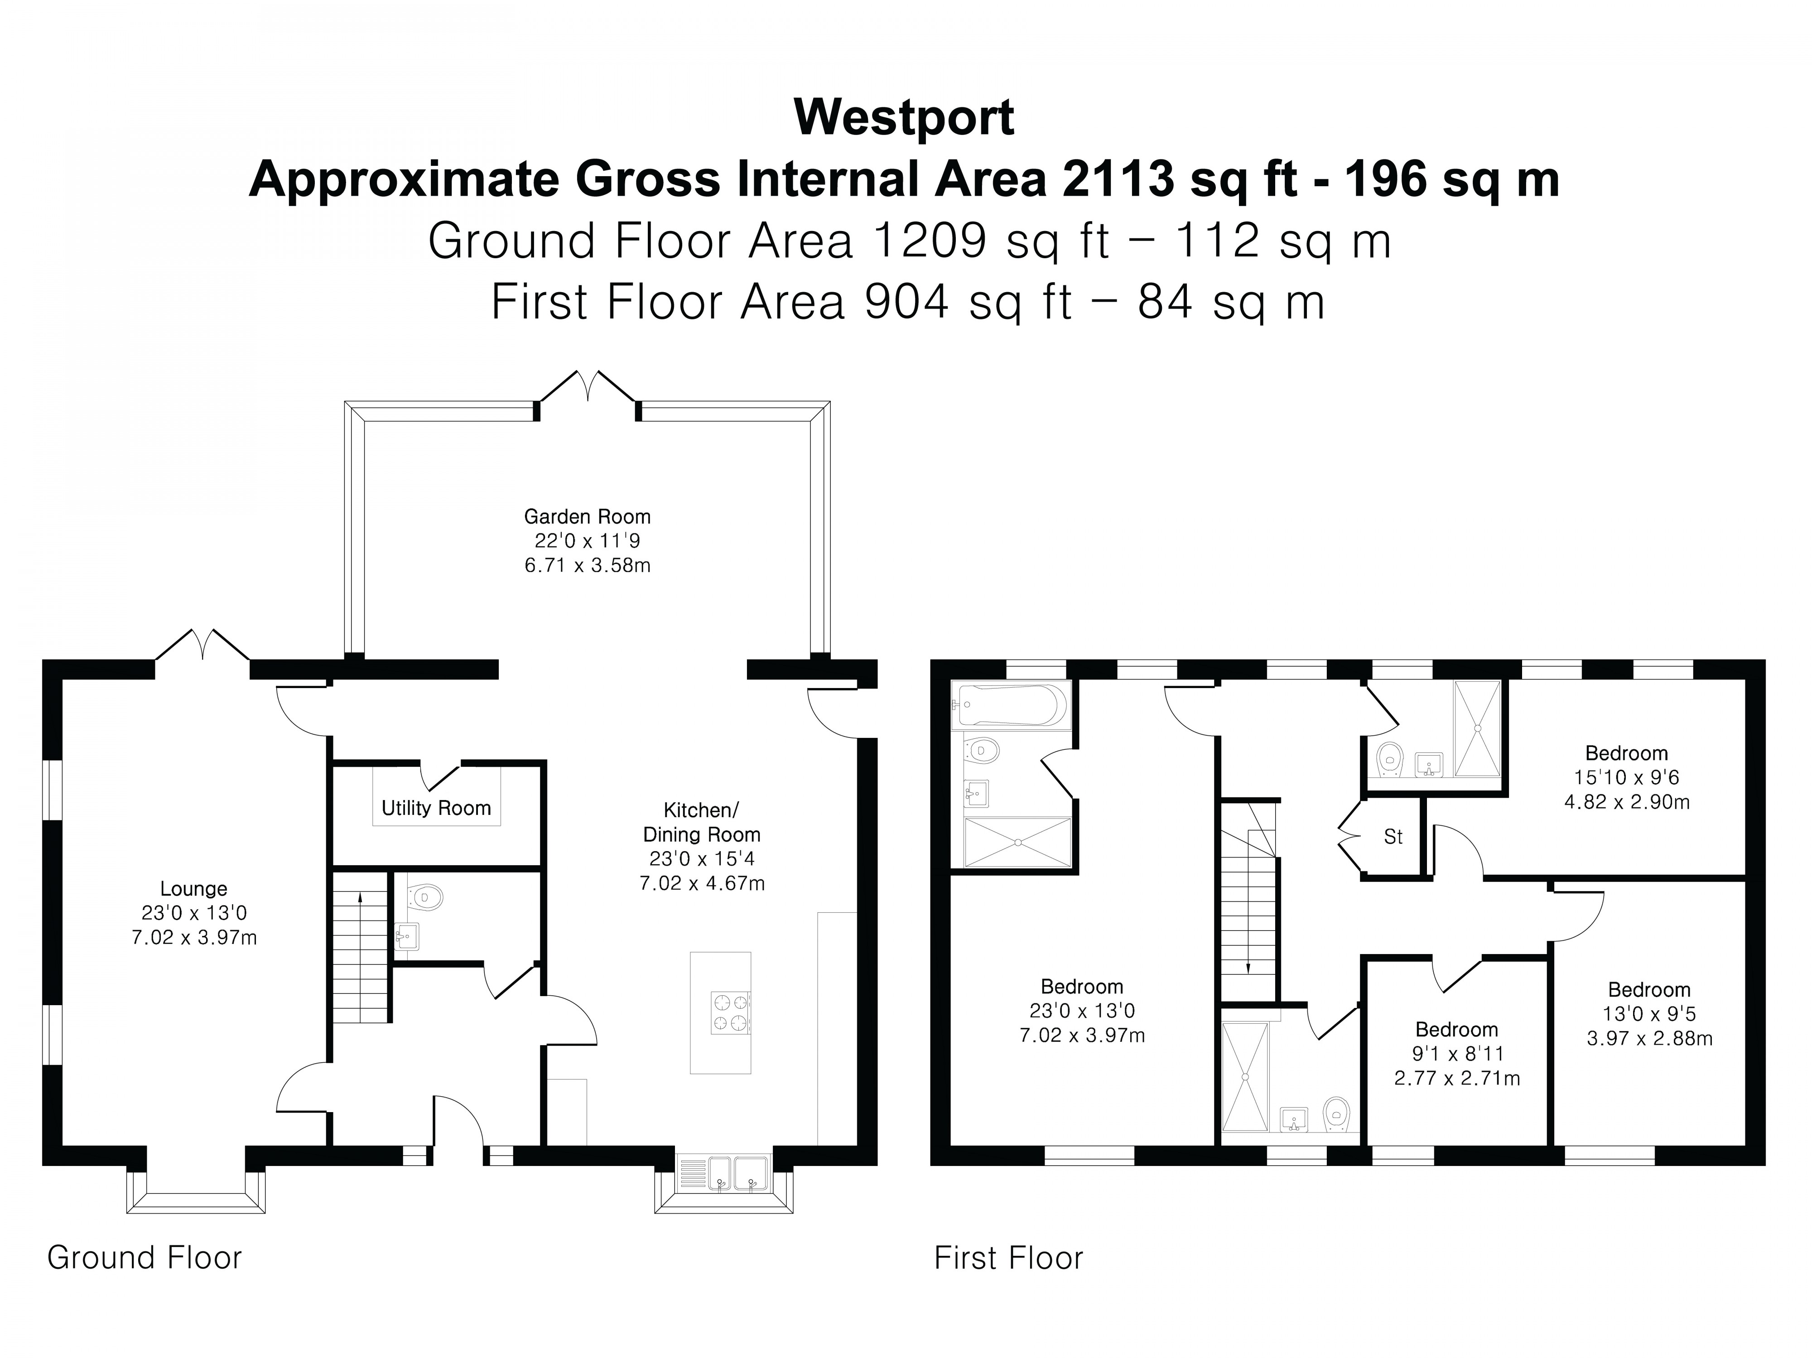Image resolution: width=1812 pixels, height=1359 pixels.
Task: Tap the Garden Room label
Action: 588,517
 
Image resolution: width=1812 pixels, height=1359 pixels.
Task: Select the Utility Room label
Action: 436,809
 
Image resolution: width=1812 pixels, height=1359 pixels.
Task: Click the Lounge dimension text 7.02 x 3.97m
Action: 194,937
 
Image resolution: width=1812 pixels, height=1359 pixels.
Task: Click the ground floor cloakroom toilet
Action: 426,898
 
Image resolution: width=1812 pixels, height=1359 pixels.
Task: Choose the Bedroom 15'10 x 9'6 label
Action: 1626,753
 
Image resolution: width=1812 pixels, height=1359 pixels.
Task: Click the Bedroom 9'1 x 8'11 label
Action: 1456,1030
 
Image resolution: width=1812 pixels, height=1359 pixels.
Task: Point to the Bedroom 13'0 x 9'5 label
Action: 1649,989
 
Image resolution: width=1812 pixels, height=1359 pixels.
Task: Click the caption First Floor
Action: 1008,1258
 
